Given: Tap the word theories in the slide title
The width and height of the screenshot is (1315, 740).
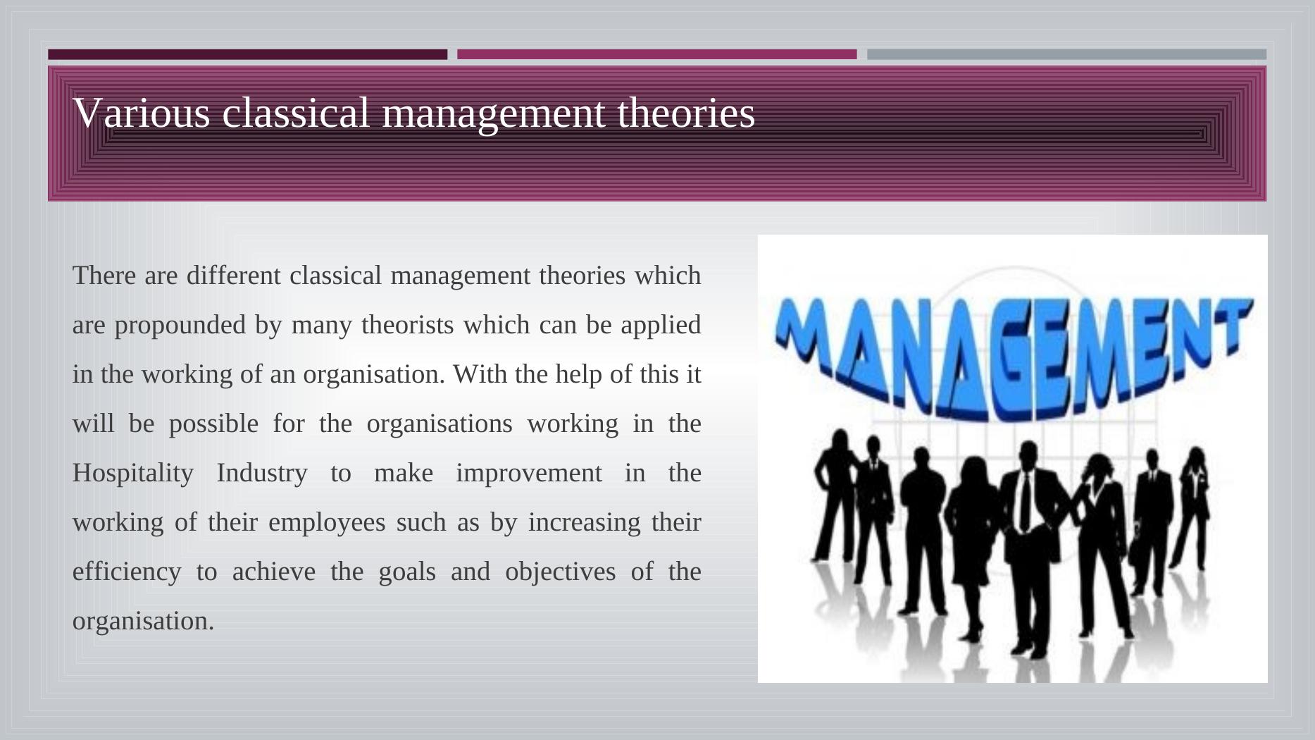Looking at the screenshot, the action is [x=686, y=113].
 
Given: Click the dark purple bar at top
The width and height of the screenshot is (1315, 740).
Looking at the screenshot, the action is [x=247, y=54].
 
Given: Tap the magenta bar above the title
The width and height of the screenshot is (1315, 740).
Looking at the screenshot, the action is [x=657, y=54].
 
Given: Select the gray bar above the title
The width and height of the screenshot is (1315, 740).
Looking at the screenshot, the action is [x=1066, y=54].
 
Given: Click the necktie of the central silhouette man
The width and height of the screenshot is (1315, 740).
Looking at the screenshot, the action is [x=1025, y=501].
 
